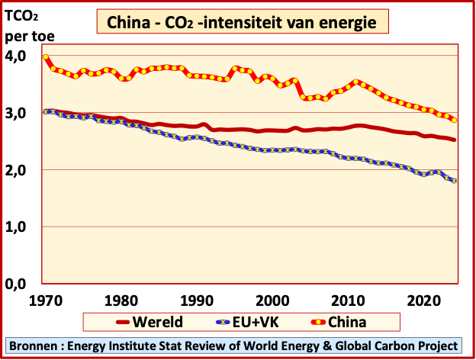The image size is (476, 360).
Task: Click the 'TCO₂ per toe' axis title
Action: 23,24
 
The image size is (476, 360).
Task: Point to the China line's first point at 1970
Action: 46,57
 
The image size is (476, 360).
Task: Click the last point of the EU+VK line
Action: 455,181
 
